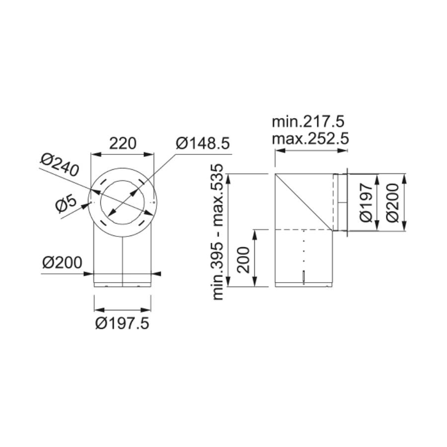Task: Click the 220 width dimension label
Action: (123, 144)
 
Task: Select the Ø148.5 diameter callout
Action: (203, 144)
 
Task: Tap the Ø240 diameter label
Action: (59, 165)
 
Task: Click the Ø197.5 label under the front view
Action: (122, 323)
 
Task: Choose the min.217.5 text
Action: (308, 122)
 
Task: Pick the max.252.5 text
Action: (310, 140)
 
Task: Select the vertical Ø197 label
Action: (366, 203)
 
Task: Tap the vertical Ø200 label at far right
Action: (393, 203)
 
